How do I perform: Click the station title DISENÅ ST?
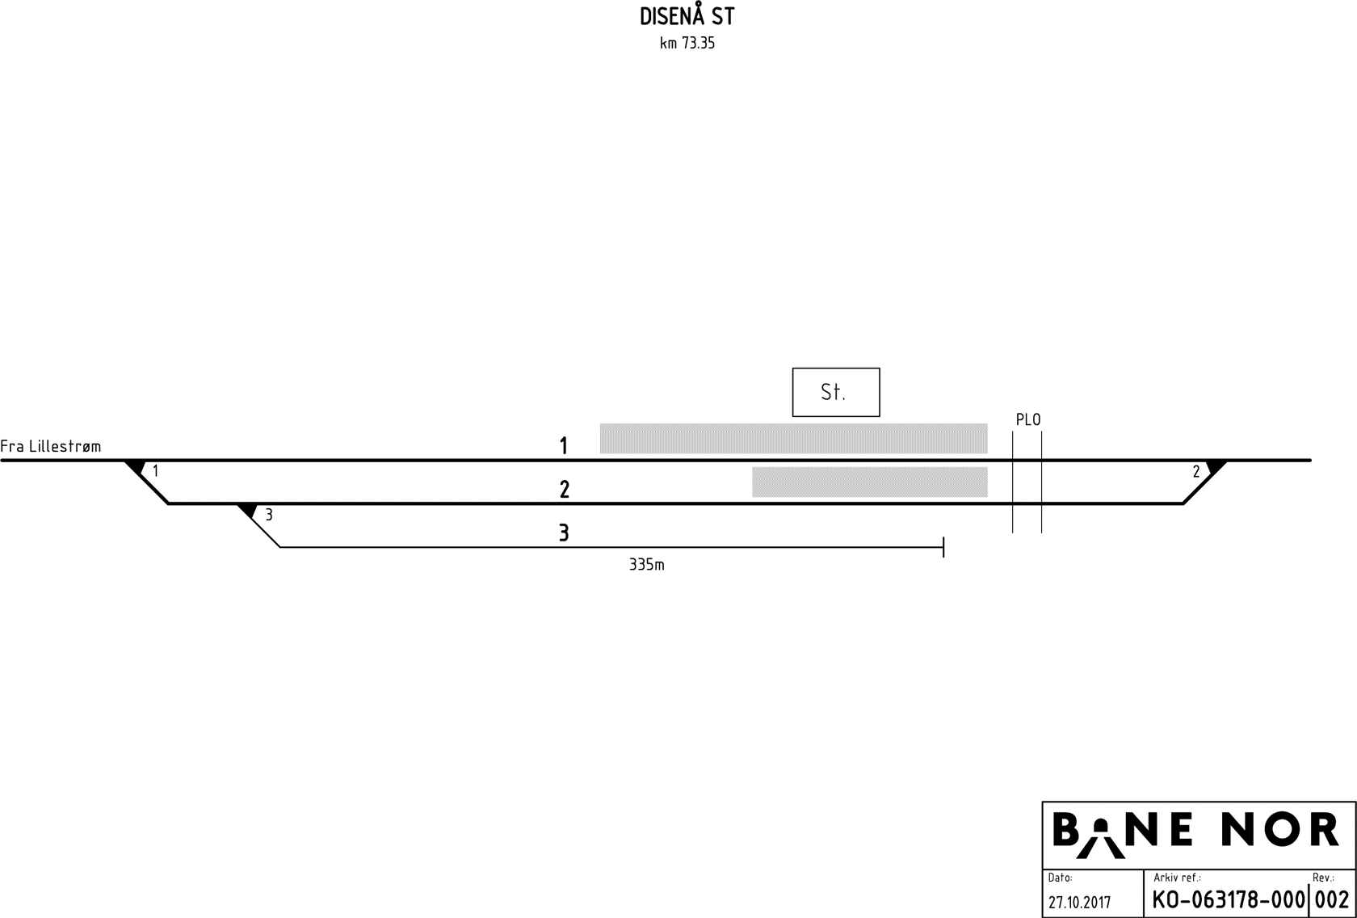687,15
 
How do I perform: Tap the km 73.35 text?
687,43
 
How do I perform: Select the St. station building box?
836,392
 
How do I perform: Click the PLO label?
1028,419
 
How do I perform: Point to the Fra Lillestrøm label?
50,447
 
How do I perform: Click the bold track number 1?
564,446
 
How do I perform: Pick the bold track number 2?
565,490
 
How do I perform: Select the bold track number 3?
564,533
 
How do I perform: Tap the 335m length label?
646,565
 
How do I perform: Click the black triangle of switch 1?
137,466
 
